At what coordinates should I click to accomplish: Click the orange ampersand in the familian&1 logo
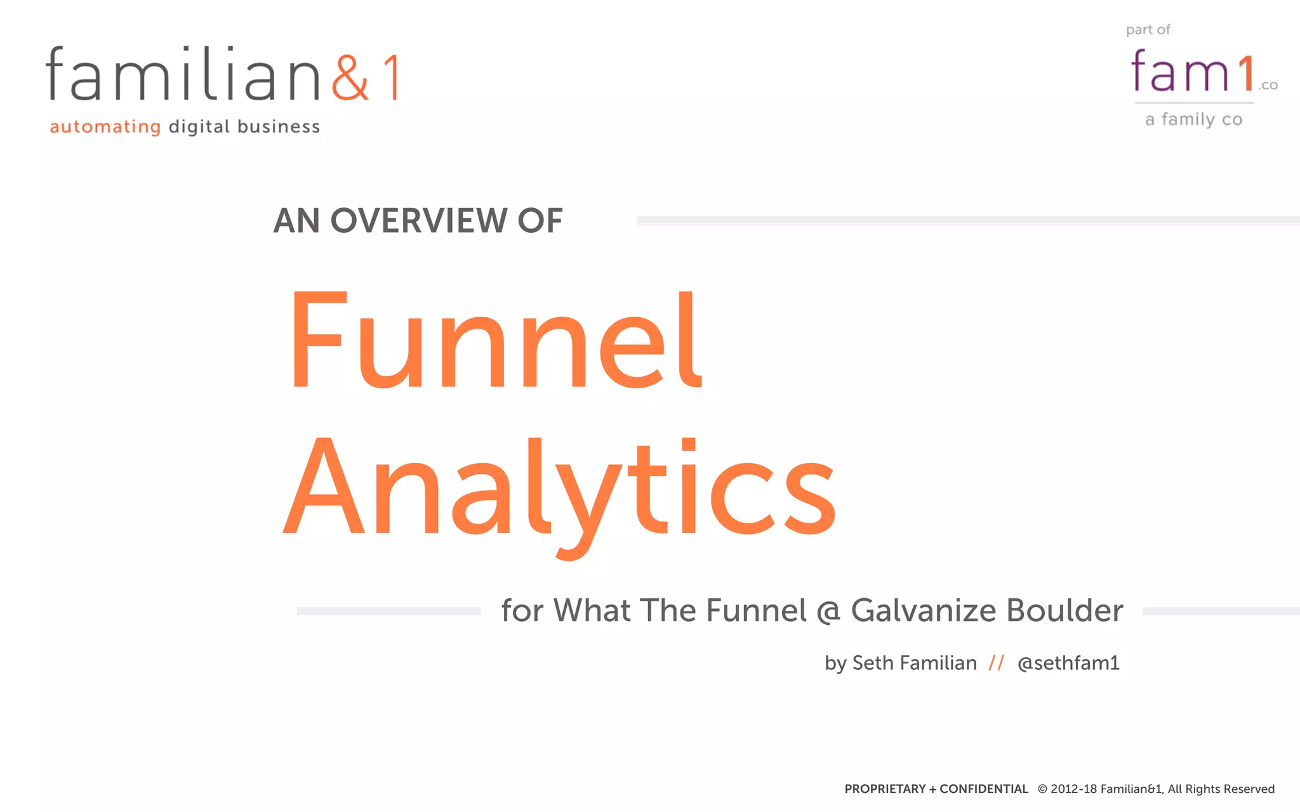pos(350,77)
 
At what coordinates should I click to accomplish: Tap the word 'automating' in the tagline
pos(105,127)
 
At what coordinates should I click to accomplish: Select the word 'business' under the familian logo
pos(279,127)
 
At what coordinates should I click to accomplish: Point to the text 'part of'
pos(1148,30)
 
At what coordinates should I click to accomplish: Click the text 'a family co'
pos(1193,120)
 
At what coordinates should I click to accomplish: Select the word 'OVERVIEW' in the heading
pos(418,221)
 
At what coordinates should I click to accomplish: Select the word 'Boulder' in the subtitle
pos(1065,610)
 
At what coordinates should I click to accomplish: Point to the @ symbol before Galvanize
pos(828,612)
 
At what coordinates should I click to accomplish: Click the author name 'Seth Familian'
pos(914,663)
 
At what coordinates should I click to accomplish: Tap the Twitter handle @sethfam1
pos(1068,663)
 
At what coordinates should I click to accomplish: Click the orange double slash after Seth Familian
pos(997,663)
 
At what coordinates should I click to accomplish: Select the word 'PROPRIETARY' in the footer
pos(885,789)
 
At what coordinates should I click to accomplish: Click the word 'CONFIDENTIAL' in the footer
pos(983,789)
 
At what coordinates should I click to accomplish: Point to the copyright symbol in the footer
pos(1042,789)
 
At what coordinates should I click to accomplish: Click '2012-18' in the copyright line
pos(1073,789)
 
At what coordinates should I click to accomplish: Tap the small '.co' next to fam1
pos(1268,86)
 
